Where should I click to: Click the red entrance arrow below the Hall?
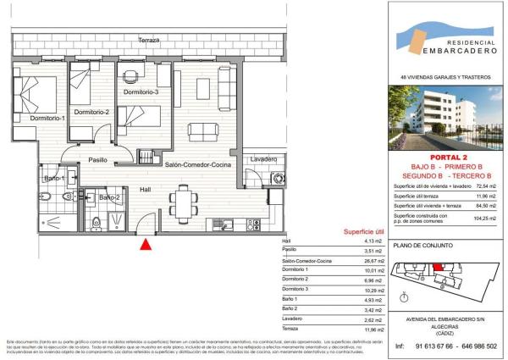coord(146,245)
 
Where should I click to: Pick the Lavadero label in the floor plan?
coord(265,159)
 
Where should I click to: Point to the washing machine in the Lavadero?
coord(279,179)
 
